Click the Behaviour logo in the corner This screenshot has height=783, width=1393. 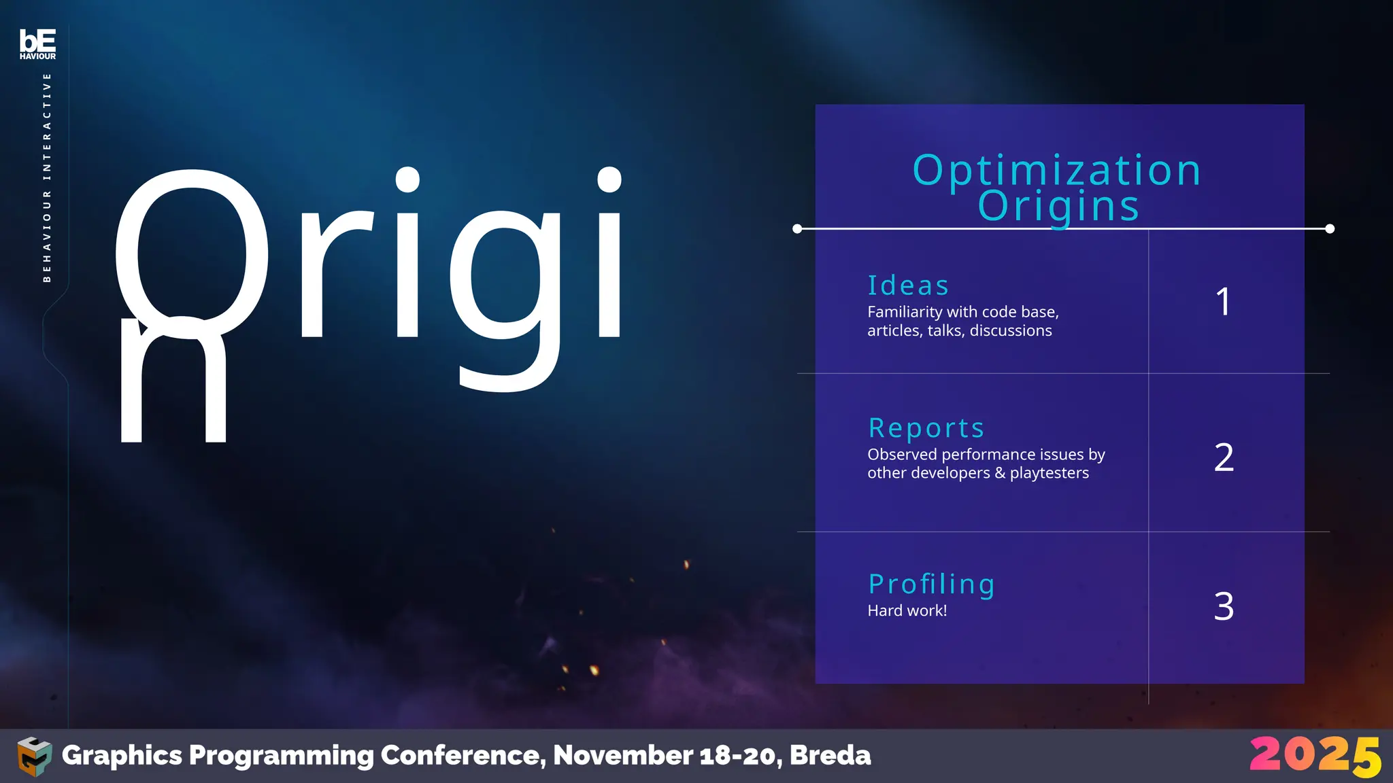pos(37,43)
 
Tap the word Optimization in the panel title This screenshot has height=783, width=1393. pos(1057,170)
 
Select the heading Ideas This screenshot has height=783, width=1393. pos(908,285)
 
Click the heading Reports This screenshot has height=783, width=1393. pos(926,428)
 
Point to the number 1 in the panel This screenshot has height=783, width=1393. pos(1223,302)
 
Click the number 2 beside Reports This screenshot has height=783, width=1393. pos(1224,457)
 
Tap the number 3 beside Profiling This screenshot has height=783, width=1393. pos(1224,606)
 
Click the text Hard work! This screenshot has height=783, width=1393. pos(907,610)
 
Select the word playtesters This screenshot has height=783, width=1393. pos(1049,473)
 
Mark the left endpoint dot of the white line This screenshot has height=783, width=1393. pos(797,229)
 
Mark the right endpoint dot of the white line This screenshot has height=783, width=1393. pos(1330,229)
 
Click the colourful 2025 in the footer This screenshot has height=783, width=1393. pos(1314,756)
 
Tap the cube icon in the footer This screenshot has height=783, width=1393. pos(34,756)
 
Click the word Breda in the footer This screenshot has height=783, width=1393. pos(830,755)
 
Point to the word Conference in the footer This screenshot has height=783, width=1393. pos(463,755)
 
